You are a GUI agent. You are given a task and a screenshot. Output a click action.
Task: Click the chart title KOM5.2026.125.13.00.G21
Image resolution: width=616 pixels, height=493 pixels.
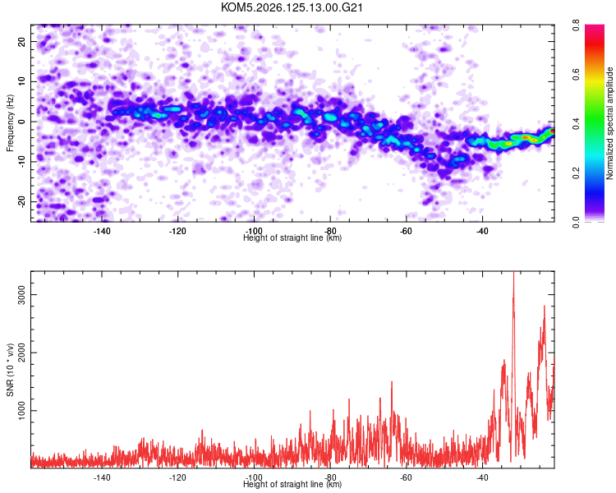(292, 7)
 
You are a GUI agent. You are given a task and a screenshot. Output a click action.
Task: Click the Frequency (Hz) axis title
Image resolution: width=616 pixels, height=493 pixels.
(10, 123)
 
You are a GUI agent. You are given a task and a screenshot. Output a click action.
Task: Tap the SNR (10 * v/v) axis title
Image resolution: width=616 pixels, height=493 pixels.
(10, 370)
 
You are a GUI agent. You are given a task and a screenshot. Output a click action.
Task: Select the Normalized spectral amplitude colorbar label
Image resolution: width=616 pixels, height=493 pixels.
(609, 123)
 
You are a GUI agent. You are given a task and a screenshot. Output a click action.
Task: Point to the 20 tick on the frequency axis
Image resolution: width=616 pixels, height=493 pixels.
(21, 41)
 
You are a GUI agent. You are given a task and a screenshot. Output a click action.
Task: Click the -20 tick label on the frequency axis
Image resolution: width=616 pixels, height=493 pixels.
(21, 201)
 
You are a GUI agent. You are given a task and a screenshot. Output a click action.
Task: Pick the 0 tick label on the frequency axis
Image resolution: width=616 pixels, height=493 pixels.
(21, 122)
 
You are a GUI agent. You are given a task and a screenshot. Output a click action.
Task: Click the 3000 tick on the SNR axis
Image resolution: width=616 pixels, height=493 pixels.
(21, 295)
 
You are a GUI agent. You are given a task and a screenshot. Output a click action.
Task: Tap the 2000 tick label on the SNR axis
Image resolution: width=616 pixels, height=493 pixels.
(21, 352)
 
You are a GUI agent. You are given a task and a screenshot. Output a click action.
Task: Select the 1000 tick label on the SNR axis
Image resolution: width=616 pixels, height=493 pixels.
(21, 411)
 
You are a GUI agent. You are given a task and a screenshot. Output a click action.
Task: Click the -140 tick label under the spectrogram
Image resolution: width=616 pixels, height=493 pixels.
(102, 231)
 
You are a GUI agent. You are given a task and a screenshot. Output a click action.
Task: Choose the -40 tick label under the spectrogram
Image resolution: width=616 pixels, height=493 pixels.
(482, 231)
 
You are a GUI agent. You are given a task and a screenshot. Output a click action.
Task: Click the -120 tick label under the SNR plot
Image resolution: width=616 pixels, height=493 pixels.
(177, 477)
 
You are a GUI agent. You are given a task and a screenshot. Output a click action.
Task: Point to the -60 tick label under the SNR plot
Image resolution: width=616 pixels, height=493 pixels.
(406, 477)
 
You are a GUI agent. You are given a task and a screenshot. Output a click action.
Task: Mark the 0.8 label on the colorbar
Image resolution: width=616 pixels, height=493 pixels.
(576, 25)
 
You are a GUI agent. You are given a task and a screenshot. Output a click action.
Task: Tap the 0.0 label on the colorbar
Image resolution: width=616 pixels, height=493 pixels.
(576, 222)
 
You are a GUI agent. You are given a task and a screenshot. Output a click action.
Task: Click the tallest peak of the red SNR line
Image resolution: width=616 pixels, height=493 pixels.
(513, 272)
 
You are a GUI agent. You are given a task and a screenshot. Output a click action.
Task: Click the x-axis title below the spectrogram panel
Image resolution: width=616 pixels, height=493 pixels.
(292, 237)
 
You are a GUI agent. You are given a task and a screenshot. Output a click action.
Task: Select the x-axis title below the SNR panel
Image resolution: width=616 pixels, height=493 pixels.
(292, 484)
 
